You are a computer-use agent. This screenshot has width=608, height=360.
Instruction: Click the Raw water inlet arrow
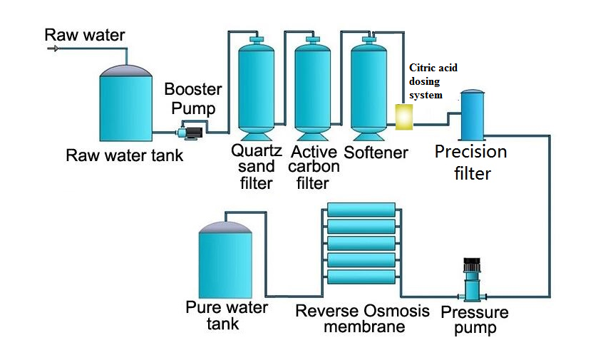click(53, 48)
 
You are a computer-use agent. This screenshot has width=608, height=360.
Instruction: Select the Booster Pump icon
click(191, 130)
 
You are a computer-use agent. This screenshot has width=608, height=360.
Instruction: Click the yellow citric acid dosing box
click(405, 117)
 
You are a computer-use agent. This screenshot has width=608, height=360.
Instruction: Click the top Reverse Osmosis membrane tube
click(361, 210)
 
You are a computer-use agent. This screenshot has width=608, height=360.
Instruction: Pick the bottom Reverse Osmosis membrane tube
click(361, 275)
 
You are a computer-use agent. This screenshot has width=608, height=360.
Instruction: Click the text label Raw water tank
click(124, 155)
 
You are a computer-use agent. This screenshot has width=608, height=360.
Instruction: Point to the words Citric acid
click(433, 68)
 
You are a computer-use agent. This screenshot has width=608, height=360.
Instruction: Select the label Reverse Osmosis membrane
click(363, 319)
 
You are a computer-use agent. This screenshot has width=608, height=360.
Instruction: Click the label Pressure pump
click(475, 320)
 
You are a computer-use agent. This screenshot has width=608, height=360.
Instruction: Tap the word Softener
click(376, 153)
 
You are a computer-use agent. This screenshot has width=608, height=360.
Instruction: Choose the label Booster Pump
click(193, 99)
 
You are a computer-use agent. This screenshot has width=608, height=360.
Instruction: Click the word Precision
click(470, 152)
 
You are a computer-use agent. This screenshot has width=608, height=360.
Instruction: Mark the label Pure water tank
click(227, 316)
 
